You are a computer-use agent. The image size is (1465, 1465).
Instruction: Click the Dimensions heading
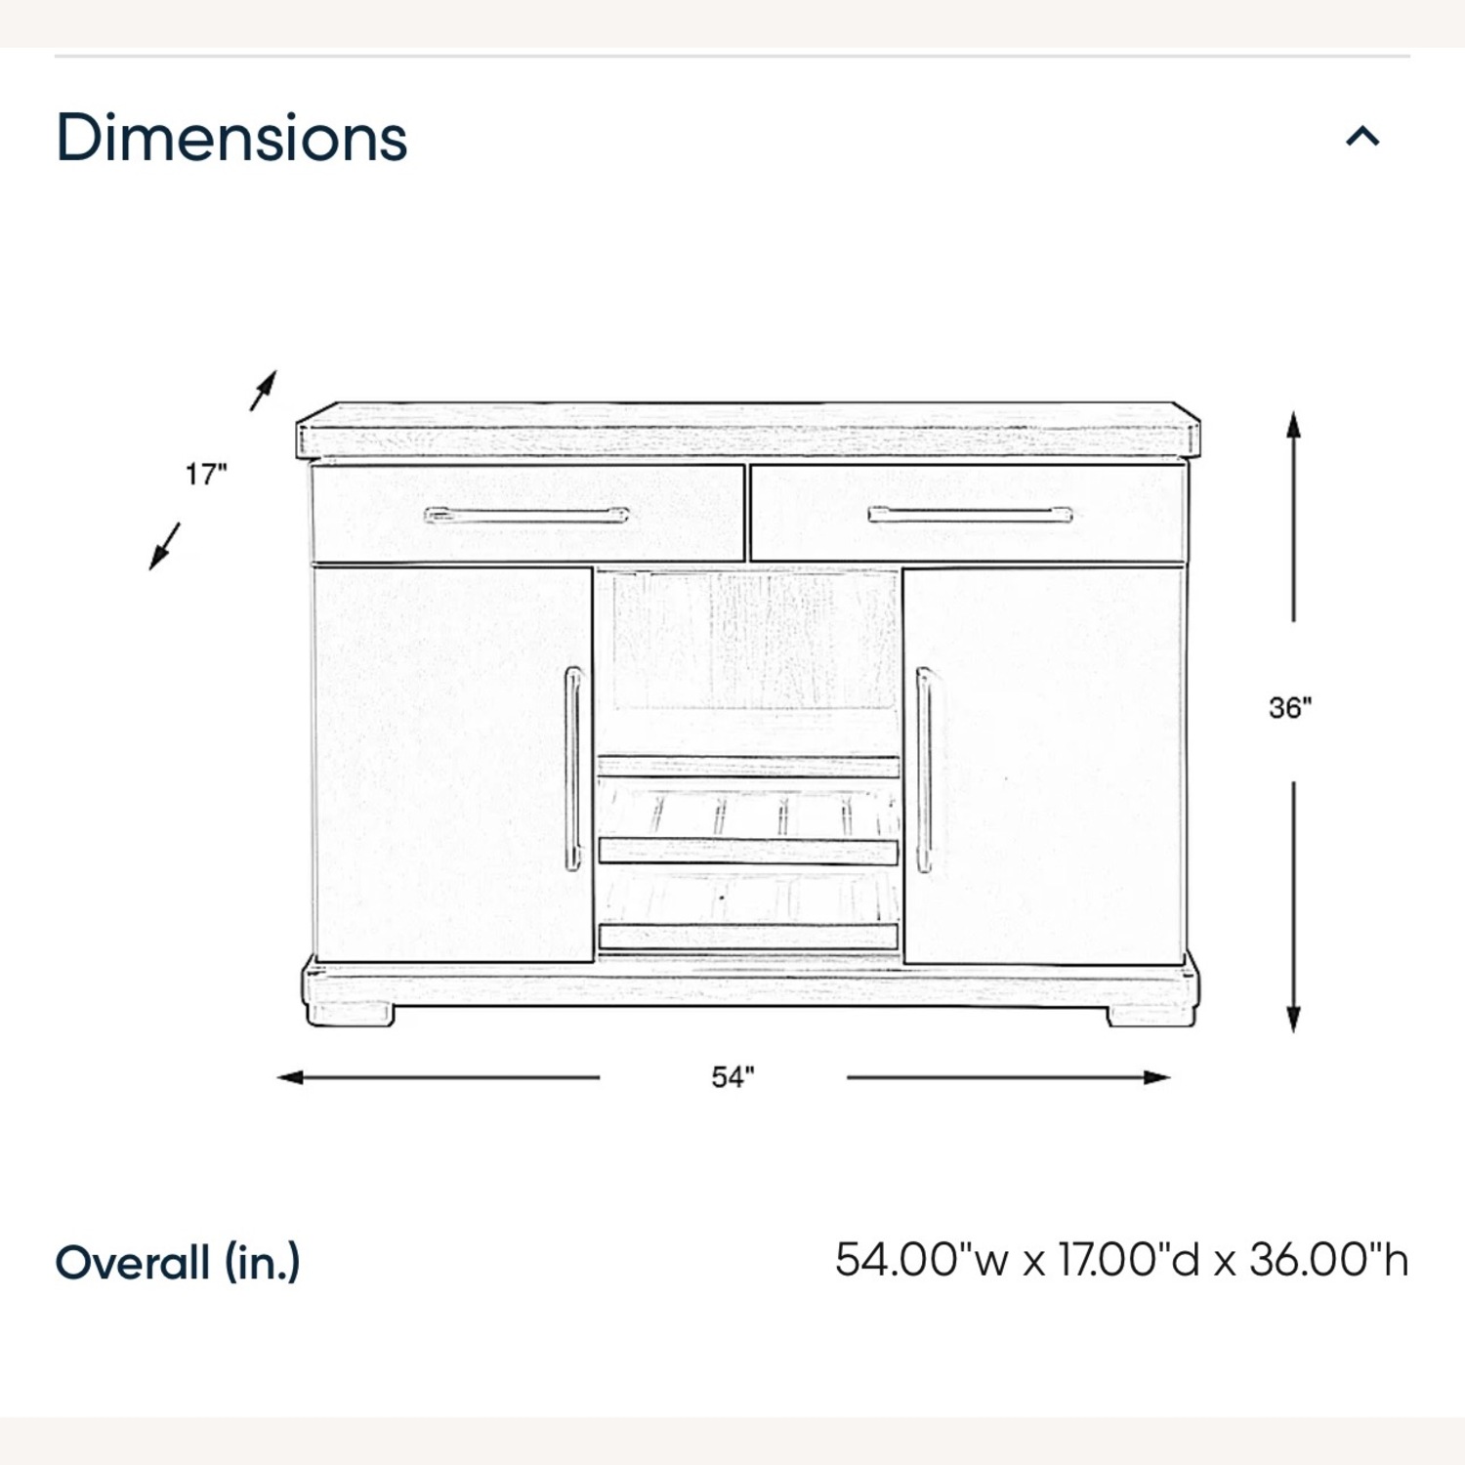point(231,138)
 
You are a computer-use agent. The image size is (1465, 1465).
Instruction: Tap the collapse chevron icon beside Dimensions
point(1362,136)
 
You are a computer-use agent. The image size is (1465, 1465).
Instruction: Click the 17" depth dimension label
point(206,475)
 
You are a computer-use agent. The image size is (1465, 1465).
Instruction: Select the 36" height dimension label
point(1290,707)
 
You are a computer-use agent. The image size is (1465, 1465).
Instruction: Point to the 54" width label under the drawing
point(732,1077)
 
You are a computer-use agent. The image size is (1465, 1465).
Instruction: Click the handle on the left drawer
point(526,515)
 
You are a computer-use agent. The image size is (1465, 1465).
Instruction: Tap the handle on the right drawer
point(970,515)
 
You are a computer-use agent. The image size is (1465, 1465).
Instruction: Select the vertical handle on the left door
point(573,769)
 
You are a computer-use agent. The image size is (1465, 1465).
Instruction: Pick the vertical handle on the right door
point(924,769)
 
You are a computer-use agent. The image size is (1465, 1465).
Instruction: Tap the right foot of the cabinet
point(1151,1015)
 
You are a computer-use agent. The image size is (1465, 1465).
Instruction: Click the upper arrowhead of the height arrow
point(1293,425)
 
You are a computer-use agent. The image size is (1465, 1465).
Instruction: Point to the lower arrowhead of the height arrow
point(1293,1018)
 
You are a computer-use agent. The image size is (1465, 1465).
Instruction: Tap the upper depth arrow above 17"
point(264,390)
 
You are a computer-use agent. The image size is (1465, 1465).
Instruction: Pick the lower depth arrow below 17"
point(164,547)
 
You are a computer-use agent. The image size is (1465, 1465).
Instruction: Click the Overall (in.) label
point(178,1262)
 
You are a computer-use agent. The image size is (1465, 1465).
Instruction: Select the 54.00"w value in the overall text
point(922,1260)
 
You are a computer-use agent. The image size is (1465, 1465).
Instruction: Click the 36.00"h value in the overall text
point(1329,1260)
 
